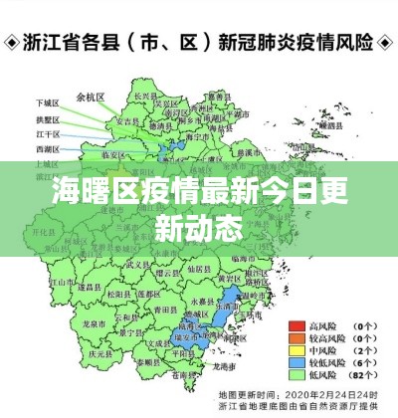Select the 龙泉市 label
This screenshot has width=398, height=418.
coord(92,323)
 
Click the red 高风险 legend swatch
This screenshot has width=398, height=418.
coord(297,324)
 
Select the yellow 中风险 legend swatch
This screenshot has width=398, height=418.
coord(297,350)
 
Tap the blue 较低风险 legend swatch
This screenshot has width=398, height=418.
coord(297,363)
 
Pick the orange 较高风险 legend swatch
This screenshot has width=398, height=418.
coord(297,337)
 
